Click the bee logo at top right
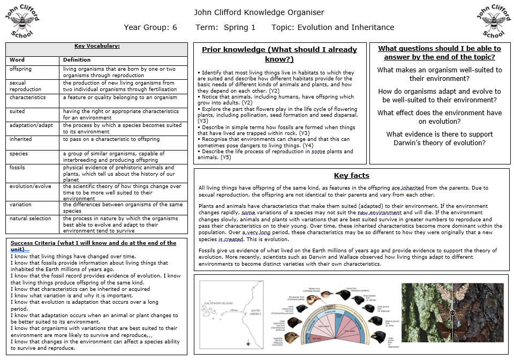pos(493,22)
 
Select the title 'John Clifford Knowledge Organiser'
pos(259,12)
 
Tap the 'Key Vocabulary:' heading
pos(96,46)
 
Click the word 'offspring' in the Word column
pos(20,69)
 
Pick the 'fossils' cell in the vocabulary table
pos(17,167)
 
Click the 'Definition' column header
pos(77,59)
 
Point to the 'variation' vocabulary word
pos(20,205)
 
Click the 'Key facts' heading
pos(351,175)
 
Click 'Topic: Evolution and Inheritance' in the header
pos(332,27)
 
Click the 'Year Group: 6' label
pos(150,27)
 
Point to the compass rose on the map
pos(248,343)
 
